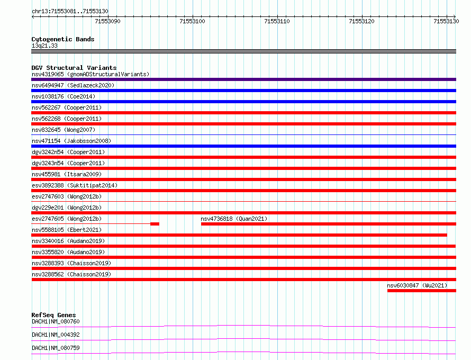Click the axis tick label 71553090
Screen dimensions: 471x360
coord(107,21)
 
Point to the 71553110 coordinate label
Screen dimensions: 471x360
coord(277,21)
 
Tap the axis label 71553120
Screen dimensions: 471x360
coord(361,21)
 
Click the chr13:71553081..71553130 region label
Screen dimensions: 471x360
coord(70,12)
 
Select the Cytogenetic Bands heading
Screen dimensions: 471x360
coord(63,39)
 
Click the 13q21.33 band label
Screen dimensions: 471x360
coord(44,46)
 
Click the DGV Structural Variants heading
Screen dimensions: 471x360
coord(74,68)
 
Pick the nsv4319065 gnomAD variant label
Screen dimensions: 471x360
coord(90,74)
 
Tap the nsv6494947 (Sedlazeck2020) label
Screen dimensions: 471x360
coord(73,85)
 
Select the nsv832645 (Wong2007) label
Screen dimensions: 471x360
coord(64,130)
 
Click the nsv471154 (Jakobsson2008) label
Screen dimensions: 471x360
coord(71,141)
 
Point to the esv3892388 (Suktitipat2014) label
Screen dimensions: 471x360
coord(75,185)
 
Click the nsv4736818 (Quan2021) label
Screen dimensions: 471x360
coord(234,219)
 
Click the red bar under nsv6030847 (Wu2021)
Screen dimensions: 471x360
coord(422,291)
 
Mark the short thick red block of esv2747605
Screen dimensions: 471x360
coord(155,224)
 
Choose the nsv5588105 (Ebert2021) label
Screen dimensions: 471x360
coord(67,230)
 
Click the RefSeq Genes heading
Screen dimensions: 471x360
coord(54,315)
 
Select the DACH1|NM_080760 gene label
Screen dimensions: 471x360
coord(56,321)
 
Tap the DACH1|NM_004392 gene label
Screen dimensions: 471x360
coord(56,335)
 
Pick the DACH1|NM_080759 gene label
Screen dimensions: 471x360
coord(56,348)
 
